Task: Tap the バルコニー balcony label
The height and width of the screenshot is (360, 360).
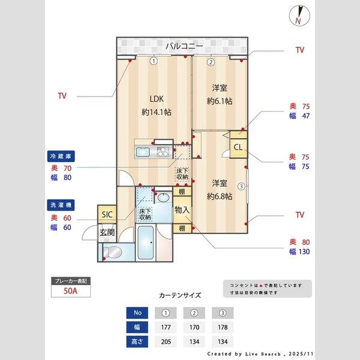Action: click(x=184, y=46)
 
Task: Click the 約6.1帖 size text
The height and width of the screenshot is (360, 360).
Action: click(x=219, y=101)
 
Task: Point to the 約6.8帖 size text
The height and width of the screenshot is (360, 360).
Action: click(x=219, y=196)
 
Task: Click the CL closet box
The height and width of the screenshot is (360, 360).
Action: click(x=238, y=148)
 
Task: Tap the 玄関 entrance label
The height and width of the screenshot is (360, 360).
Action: click(x=107, y=232)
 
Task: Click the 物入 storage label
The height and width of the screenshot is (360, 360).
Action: click(x=182, y=210)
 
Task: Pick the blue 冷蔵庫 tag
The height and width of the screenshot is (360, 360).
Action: click(x=60, y=155)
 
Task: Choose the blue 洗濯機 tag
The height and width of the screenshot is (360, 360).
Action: click(x=60, y=205)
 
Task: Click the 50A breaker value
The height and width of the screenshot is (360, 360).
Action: click(x=71, y=292)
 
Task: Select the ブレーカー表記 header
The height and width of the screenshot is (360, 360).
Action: click(x=71, y=281)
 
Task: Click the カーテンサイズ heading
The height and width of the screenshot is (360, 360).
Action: click(x=180, y=296)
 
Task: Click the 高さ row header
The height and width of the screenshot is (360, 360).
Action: click(x=137, y=342)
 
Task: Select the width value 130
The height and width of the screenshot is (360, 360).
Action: click(x=303, y=252)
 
